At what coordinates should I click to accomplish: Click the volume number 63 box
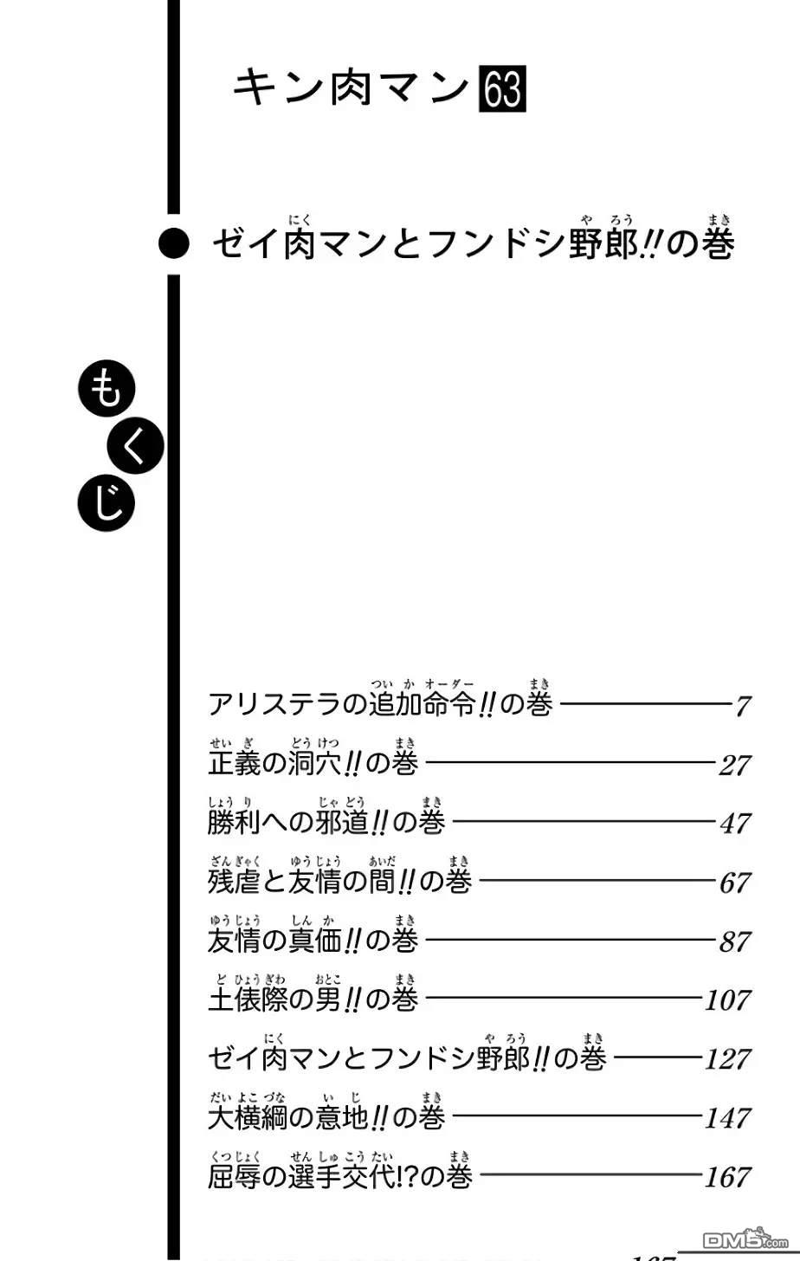tap(502, 89)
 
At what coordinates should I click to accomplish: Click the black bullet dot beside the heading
tap(174, 244)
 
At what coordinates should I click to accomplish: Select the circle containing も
tap(106, 388)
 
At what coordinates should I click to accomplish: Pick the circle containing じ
tap(106, 502)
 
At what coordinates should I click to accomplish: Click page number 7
tap(743, 706)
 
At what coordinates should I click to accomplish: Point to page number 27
tap(735, 765)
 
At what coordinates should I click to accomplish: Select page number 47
tap(735, 823)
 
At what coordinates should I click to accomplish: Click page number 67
tap(735, 883)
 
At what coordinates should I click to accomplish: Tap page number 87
tap(735, 941)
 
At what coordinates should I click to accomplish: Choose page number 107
tap(728, 999)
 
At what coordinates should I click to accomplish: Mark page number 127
tap(728, 1058)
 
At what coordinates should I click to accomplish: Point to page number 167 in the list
tap(728, 1176)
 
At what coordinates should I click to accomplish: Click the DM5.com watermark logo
tap(745, 1239)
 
